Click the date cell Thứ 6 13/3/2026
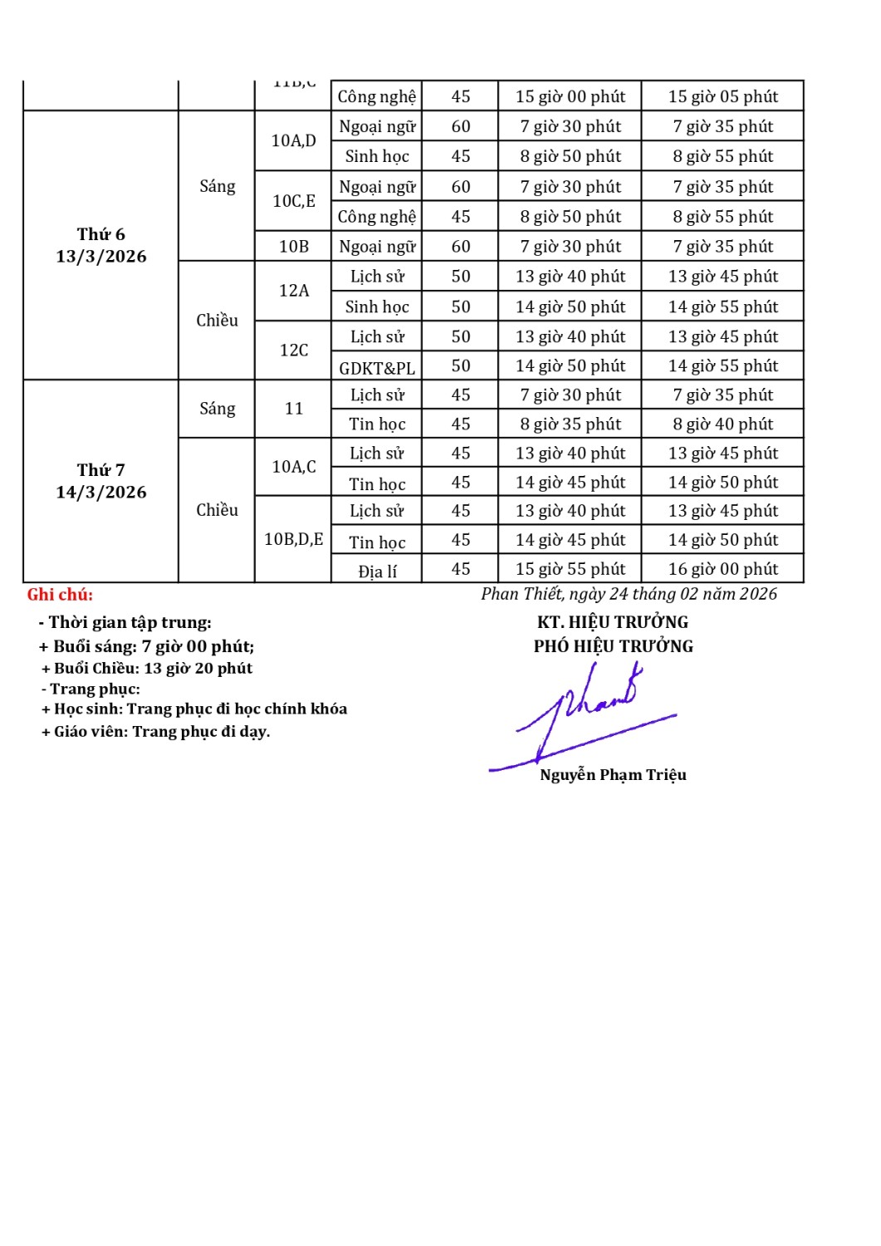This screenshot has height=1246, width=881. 101,246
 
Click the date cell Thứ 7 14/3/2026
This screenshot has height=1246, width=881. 101,482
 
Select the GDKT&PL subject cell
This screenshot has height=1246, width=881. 377,367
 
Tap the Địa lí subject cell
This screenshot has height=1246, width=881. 377,571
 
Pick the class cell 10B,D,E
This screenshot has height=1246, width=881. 293,540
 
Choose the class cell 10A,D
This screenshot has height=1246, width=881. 293,140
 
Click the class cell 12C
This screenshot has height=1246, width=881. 293,351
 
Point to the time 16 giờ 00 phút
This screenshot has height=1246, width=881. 723,569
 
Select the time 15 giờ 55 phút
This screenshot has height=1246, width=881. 570,569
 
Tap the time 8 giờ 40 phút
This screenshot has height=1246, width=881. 723,424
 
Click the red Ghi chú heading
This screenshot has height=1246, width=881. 60,595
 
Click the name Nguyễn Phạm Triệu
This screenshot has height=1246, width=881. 613,775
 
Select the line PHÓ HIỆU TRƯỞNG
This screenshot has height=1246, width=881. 613,646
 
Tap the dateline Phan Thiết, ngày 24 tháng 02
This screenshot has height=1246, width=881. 629,594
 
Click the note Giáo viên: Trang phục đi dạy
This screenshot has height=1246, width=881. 156,732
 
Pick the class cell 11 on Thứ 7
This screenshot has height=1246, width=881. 293,409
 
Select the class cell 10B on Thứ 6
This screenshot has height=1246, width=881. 293,247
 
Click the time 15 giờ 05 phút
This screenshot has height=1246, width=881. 723,96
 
